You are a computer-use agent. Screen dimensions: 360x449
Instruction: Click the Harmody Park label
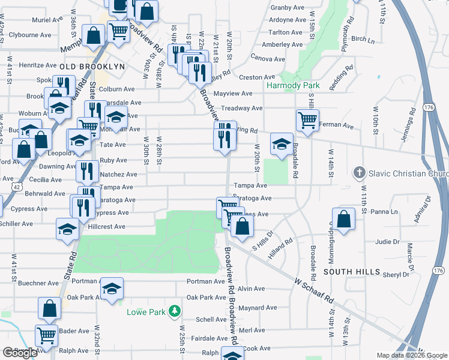tap(293, 86)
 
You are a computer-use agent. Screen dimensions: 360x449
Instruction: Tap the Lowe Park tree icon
tap(175, 311)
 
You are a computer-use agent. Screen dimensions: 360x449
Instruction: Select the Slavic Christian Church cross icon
tap(359, 173)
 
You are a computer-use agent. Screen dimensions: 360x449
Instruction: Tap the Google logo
tap(20, 352)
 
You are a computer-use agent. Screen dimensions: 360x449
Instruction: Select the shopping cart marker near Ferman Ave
tap(307, 120)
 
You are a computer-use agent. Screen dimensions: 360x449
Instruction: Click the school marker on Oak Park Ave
tap(112, 289)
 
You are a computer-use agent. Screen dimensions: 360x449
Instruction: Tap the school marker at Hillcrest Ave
tap(67, 229)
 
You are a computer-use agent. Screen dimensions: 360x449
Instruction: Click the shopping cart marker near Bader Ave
tap(47, 335)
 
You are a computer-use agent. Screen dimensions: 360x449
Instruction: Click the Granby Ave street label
tap(288, 8)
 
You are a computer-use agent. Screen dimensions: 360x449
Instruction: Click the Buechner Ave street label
tap(38, 283)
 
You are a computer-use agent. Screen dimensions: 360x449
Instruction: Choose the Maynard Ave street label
tap(258, 308)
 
